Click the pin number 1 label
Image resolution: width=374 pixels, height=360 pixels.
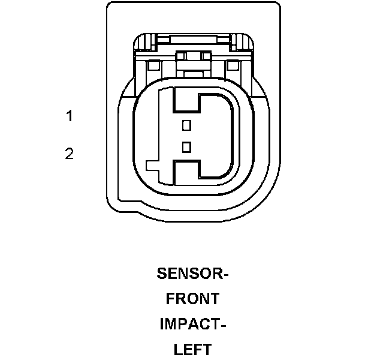pos(70,116)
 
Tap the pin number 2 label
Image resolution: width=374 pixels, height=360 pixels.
pos(70,154)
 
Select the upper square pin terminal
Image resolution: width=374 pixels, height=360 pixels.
pos(186,125)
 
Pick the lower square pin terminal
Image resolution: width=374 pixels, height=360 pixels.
pos(186,147)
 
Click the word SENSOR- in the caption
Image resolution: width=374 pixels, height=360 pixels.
pos(193,274)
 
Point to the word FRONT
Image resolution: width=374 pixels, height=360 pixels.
pos(193,299)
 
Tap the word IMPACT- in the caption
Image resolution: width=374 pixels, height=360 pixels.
pos(193,324)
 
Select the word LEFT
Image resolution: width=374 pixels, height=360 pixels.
pos(193,349)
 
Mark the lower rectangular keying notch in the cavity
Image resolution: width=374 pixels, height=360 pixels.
pos(187,173)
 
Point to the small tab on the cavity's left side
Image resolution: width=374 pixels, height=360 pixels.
pos(153,166)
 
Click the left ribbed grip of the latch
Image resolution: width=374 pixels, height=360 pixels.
pos(146,43)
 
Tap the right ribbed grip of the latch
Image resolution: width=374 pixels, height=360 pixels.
pos(242,43)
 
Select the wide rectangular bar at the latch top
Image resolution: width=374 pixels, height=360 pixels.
pos(194,40)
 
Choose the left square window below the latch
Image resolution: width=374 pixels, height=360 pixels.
pos(153,65)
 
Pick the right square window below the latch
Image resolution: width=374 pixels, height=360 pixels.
pos(233,65)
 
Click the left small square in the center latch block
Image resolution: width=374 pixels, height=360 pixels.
pos(180,56)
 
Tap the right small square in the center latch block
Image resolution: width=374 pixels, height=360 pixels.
pos(206,56)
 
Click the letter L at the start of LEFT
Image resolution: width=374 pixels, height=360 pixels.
pos(178,349)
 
